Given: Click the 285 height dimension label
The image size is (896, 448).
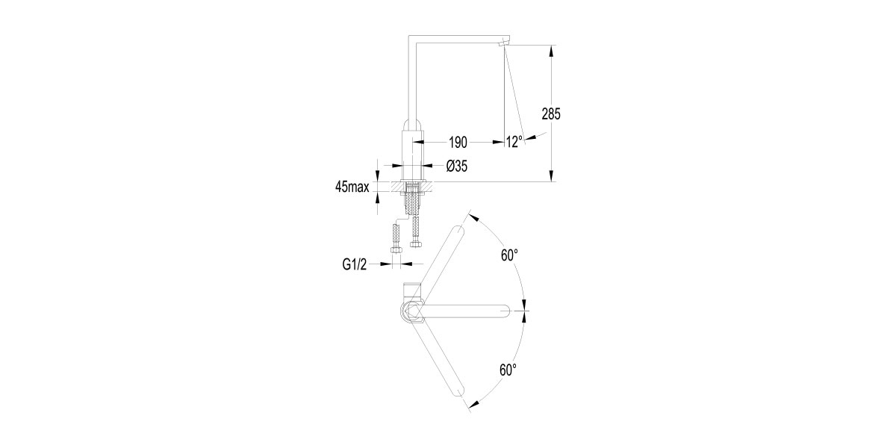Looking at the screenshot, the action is click(x=551, y=114).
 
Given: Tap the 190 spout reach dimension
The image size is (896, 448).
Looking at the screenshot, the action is click(x=458, y=142).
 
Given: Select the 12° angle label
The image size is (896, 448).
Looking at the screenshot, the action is click(x=514, y=142).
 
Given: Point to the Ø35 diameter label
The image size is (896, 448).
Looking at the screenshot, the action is click(x=457, y=166).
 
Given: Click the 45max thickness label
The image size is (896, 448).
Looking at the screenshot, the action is click(x=352, y=187).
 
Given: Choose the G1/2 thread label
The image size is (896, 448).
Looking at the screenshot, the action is click(x=355, y=264).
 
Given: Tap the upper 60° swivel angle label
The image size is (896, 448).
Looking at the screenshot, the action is click(x=509, y=255).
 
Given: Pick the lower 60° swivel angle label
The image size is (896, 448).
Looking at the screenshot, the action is click(x=508, y=370).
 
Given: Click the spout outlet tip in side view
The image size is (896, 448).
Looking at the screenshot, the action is click(x=505, y=43).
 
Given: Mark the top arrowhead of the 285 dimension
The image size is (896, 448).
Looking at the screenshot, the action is click(x=551, y=51).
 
